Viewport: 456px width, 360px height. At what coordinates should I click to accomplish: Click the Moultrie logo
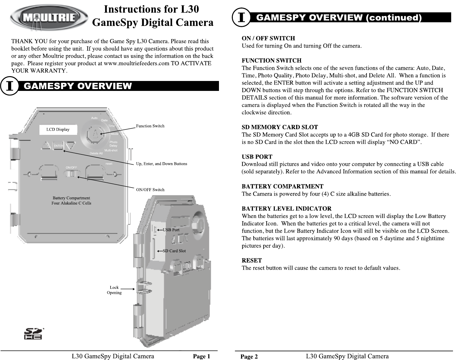tap(49, 17)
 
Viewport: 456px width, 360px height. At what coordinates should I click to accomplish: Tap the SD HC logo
tap(33, 334)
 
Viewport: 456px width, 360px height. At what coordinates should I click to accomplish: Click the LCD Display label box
tap(58, 130)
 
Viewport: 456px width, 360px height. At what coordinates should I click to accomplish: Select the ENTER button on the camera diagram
tap(59, 146)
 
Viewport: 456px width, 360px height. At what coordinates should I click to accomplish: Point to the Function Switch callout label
tap(150, 126)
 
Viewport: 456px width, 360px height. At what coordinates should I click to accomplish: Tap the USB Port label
tap(171, 230)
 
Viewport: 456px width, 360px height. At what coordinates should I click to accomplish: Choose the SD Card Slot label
tap(174, 251)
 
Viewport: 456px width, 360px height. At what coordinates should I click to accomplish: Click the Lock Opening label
tap(114, 290)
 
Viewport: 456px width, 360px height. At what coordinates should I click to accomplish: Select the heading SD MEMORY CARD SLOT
tap(280, 127)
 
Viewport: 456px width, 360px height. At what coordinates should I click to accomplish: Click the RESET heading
tap(252, 260)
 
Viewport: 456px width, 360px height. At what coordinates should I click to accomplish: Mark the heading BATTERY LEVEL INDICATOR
tap(286, 209)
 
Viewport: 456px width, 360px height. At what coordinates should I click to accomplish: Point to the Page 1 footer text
tap(201, 357)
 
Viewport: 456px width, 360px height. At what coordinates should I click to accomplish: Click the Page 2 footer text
tap(249, 357)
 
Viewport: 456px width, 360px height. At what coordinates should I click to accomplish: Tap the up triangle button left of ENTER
tap(46, 146)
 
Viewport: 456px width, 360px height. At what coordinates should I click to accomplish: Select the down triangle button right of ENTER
tap(70, 146)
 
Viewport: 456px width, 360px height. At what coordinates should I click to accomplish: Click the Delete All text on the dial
tap(96, 154)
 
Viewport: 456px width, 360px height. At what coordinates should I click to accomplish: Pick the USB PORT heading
tap(257, 157)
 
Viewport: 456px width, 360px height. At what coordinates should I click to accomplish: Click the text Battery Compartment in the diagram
tap(71, 198)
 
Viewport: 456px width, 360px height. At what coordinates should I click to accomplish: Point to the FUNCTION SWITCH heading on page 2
tap(271, 61)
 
